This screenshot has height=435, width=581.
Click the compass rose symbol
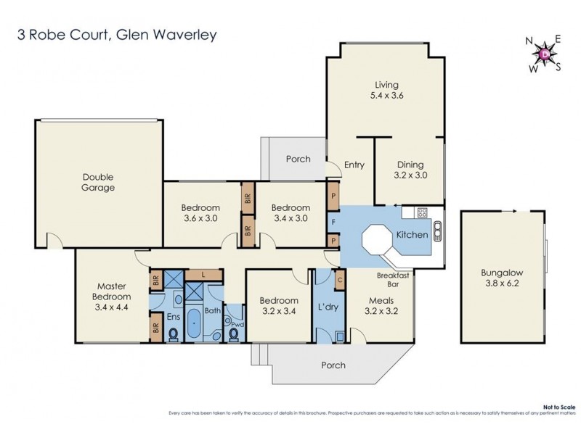(x=545, y=54)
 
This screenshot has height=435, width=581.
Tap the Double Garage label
(x=98, y=182)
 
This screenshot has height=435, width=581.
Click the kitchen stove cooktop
(x=420, y=213)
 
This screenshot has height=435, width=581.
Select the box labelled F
(x=333, y=219)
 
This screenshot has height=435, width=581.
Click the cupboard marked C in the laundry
(x=340, y=278)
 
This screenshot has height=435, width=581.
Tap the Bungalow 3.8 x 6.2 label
(x=501, y=279)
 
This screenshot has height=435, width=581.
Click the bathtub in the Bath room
(x=195, y=323)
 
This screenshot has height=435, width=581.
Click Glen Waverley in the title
(x=161, y=35)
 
